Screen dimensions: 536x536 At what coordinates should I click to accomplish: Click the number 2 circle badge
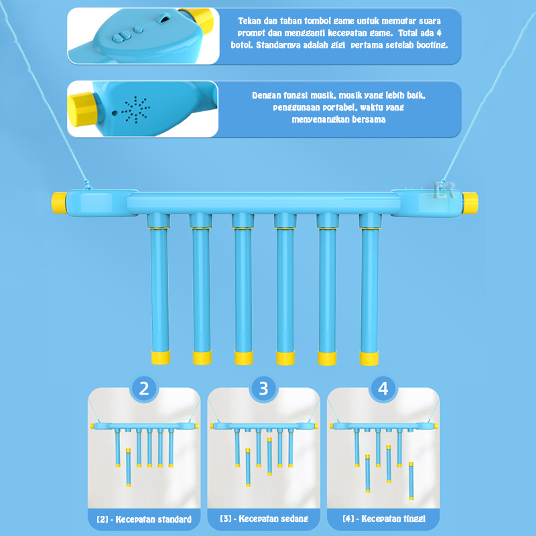pyautogui.click(x=144, y=389)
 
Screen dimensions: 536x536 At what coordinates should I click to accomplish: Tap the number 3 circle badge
pyautogui.click(x=263, y=389)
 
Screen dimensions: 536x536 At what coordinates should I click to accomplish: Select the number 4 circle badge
pyautogui.click(x=383, y=389)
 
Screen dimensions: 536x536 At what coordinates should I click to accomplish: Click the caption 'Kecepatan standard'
pyautogui.click(x=153, y=519)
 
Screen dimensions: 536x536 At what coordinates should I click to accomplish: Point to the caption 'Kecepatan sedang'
pyautogui.click(x=273, y=519)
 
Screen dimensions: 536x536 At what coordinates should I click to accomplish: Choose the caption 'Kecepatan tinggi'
pyautogui.click(x=393, y=519)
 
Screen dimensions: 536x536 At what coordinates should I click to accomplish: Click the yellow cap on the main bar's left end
pyautogui.click(x=59, y=203)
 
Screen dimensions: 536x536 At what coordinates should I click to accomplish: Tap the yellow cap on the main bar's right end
pyautogui.click(x=470, y=203)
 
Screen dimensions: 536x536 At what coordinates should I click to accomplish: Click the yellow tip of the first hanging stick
pyautogui.click(x=161, y=358)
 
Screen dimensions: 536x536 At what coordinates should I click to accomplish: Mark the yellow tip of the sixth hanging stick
pyautogui.click(x=369, y=358)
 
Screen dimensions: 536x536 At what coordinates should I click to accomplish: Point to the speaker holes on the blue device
pyautogui.click(x=136, y=110)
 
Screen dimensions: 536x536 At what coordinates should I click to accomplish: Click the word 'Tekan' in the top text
pyautogui.click(x=249, y=21)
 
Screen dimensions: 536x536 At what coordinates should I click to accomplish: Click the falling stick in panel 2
pyautogui.click(x=128, y=467)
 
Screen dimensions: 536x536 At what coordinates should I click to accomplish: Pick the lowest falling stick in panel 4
pyautogui.click(x=411, y=481)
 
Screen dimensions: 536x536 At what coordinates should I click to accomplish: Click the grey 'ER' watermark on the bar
pyautogui.click(x=444, y=190)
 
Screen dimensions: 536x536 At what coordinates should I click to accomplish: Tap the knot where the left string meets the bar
pyautogui.click(x=88, y=185)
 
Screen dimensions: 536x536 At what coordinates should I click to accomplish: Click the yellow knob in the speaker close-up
pyautogui.click(x=81, y=109)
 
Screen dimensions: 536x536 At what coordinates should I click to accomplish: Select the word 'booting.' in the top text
pyautogui.click(x=432, y=45)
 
